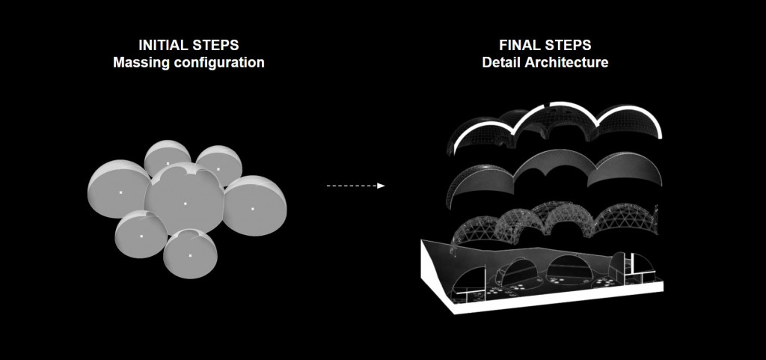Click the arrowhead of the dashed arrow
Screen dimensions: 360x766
[x=381, y=186]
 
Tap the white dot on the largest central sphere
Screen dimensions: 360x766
[x=185, y=203]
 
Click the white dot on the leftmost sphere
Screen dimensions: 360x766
[x=120, y=193]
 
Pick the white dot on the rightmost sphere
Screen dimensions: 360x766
[x=253, y=208]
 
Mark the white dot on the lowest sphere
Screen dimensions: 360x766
[x=190, y=256]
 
